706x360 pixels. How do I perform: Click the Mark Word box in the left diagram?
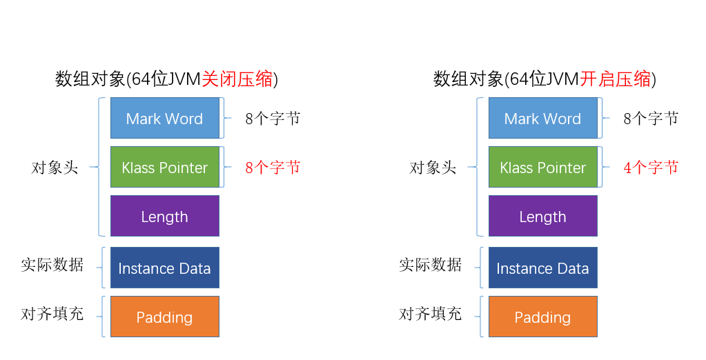165,119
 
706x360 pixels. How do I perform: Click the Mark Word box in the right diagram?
542,119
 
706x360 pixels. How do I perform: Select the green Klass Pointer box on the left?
165,168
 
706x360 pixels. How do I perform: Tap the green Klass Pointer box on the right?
542,168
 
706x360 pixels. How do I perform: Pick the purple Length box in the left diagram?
165,217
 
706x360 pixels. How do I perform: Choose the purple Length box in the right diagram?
542,217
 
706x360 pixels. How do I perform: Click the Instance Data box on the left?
165,268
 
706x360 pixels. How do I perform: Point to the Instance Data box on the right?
542,268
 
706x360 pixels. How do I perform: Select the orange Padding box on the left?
165,317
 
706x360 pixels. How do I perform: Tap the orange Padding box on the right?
542,317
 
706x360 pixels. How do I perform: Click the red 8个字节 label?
273,168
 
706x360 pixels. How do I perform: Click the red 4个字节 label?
651,168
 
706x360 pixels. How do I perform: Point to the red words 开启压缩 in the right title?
615,79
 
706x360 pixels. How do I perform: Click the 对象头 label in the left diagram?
55,168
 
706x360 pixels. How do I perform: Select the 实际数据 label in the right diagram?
430,265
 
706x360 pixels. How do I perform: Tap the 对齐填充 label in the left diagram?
52,314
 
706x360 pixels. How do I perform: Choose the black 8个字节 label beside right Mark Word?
651,119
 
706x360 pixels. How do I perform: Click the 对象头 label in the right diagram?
433,168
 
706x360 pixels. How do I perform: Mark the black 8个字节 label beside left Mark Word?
273,119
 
